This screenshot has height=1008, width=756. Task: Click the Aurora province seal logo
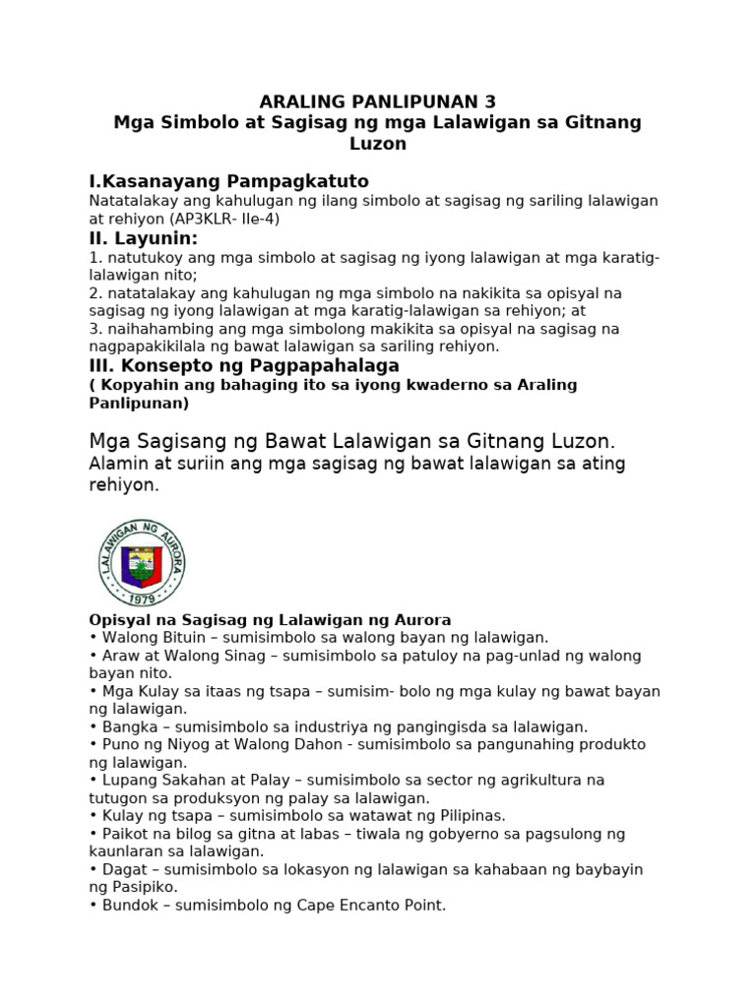142,562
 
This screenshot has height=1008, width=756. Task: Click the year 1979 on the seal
142,598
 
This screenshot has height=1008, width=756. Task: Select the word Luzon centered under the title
378,144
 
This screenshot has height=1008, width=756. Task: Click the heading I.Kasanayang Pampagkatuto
228,181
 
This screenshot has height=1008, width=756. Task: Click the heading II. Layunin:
143,238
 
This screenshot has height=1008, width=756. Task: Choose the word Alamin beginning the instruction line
118,463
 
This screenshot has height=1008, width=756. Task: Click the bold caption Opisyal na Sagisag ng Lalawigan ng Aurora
270,620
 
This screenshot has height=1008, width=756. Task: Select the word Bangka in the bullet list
127,726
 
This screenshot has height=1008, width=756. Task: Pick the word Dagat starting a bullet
123,869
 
